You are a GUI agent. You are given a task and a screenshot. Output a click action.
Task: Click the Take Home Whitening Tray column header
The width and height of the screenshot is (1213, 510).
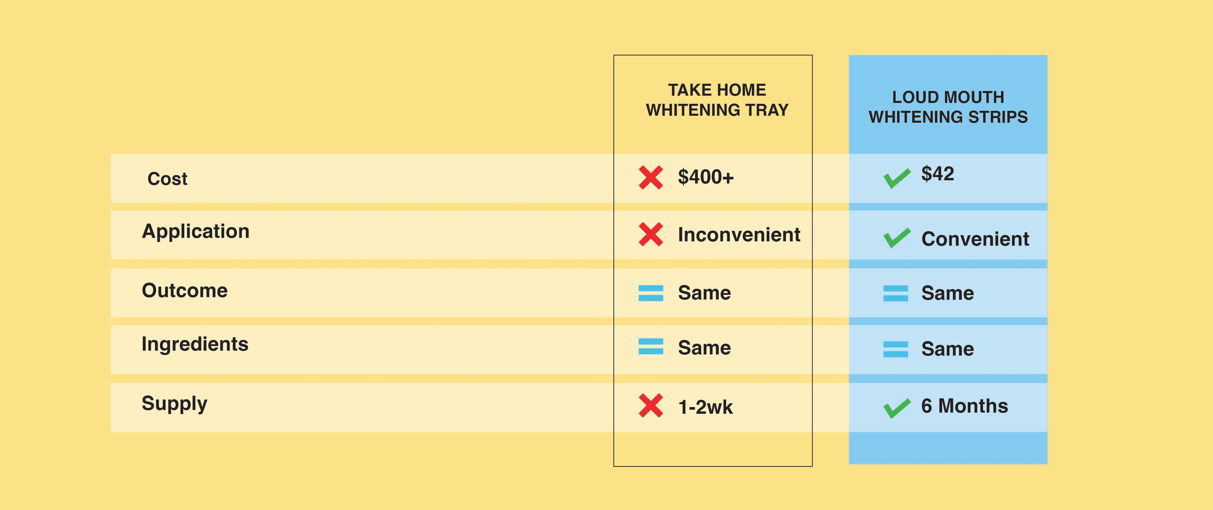[x=717, y=100]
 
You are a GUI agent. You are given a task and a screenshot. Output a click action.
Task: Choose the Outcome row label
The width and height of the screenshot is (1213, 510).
[x=184, y=290]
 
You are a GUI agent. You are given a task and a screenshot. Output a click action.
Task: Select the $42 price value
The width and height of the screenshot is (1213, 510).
[x=938, y=174]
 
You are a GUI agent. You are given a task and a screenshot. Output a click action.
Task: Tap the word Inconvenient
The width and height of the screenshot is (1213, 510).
[x=739, y=234]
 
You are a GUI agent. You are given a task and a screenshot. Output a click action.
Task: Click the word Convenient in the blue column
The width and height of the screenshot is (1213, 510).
[x=975, y=239]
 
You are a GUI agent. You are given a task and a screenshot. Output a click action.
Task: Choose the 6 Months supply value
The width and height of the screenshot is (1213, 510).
[x=964, y=406]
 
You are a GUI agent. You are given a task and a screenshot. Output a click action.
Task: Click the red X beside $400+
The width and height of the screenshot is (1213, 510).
[x=651, y=177]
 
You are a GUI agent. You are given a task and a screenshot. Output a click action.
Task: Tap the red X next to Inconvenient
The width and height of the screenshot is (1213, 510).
[x=651, y=234]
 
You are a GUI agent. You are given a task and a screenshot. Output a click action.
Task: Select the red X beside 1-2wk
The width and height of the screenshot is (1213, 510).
[x=651, y=405]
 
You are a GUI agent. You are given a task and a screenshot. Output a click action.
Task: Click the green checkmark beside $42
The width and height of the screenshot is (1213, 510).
[x=897, y=178]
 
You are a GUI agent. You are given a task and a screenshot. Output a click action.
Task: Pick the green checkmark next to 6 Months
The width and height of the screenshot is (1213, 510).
[x=897, y=408]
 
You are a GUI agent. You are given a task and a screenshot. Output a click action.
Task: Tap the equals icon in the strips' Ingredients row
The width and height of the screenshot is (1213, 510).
[x=896, y=349]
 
